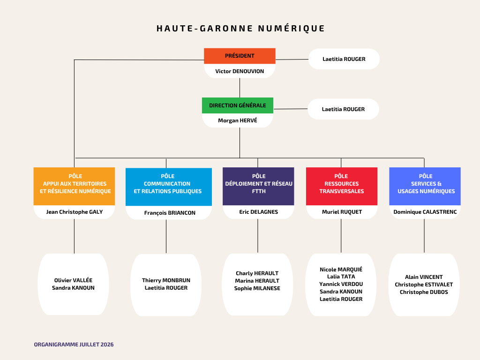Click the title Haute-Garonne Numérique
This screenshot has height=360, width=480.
pos(240,29)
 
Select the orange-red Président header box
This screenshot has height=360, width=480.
pos(240,56)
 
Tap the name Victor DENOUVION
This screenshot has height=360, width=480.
pos(240,71)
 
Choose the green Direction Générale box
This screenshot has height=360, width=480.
pos(238,105)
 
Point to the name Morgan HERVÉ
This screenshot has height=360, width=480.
pos(238,120)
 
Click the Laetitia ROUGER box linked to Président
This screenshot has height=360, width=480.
pos(344,59)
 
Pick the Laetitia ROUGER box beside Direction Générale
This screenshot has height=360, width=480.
pos(343,109)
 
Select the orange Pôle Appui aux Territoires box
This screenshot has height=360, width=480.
pos(75,186)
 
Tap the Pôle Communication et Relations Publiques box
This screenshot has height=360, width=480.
pos(169,187)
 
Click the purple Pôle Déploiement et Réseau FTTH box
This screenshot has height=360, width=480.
pos(258,186)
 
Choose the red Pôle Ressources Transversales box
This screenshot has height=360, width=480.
pos(342,186)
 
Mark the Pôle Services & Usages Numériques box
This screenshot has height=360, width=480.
pos(425,186)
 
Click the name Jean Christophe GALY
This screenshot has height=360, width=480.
pos(75,212)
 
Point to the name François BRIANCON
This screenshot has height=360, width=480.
pos(170,213)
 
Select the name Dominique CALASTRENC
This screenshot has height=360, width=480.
pos(425,212)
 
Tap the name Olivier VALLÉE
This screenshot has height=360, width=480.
pos(73,280)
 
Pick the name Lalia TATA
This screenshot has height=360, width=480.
pos(341,277)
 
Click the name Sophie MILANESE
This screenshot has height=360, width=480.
pos(257,288)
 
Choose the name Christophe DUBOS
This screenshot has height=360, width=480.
pos(424,292)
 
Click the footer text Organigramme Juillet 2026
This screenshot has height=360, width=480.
pos(74,345)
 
